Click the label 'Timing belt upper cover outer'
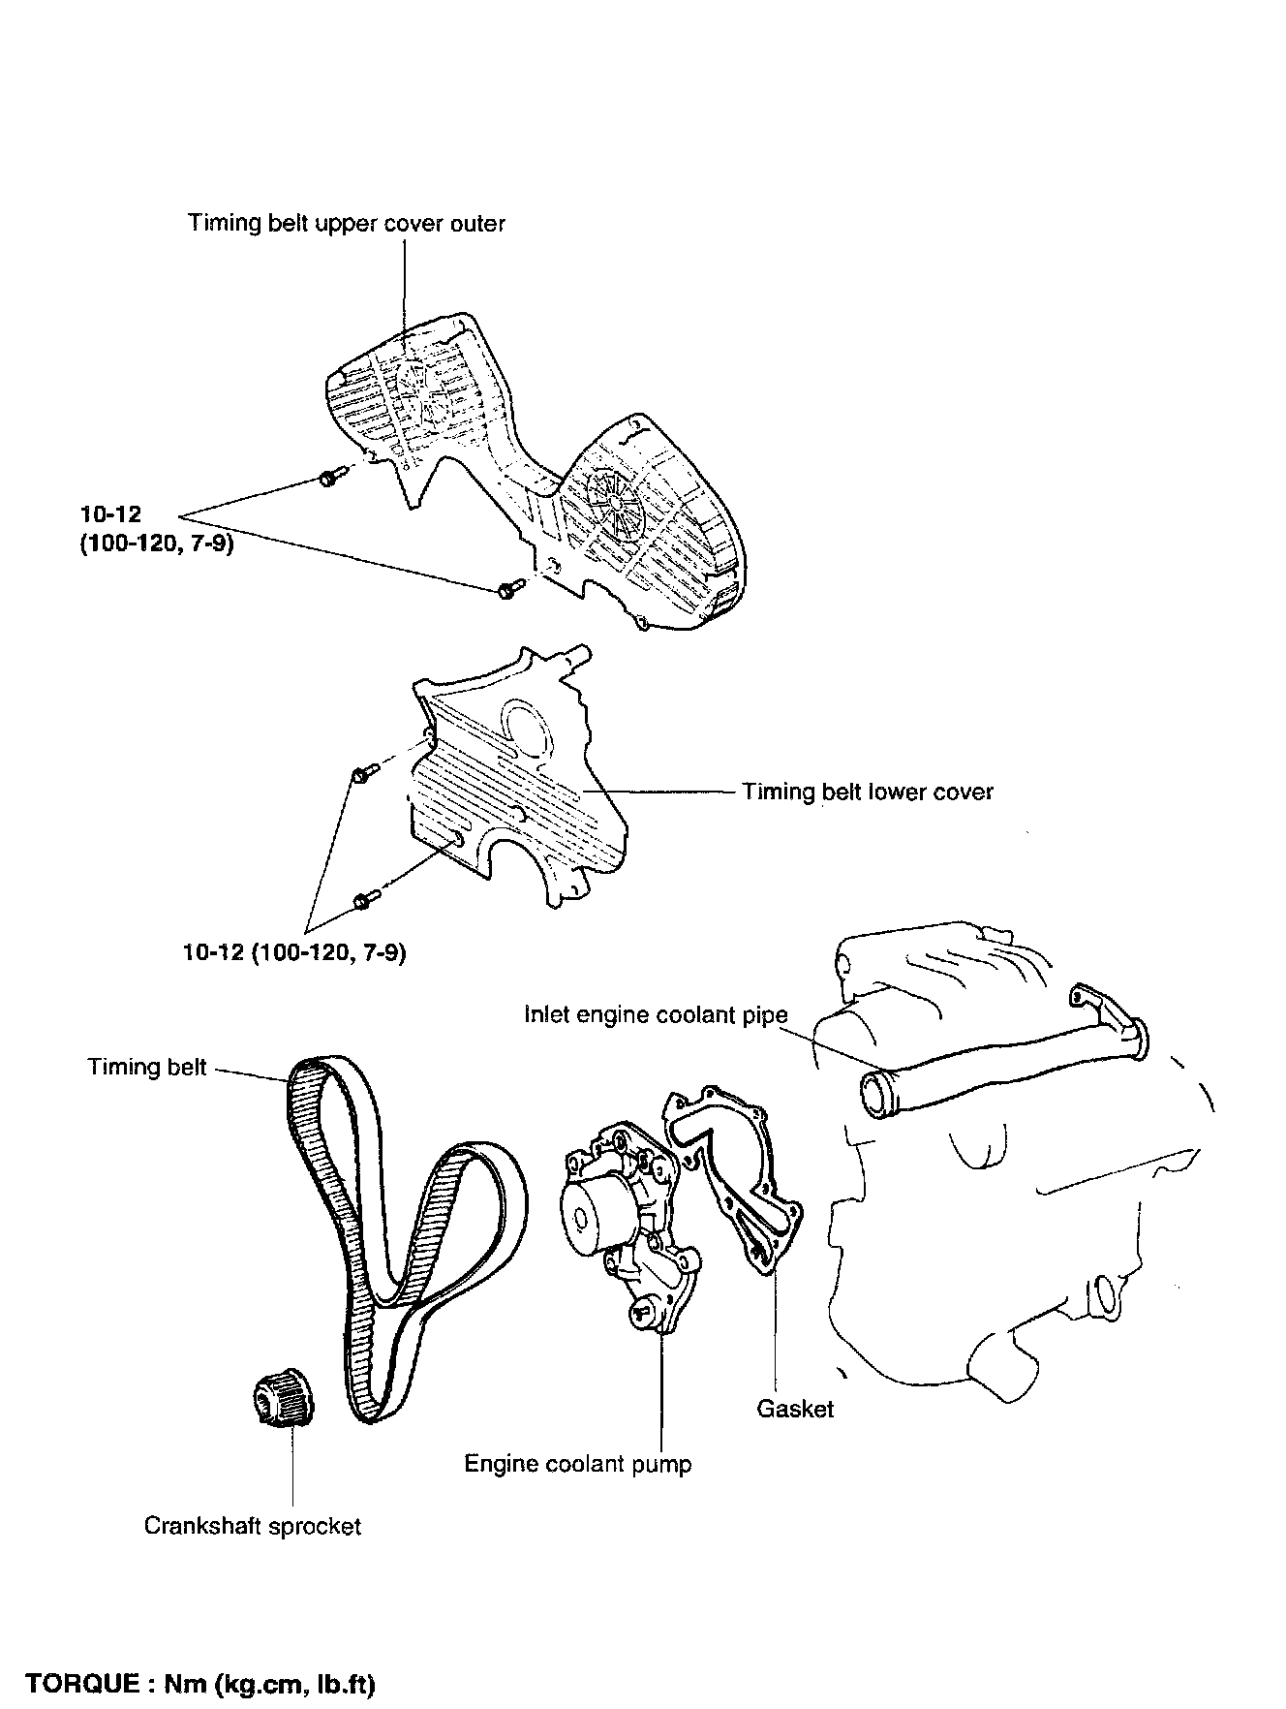pos(346,224)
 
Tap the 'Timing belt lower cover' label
pos(867,792)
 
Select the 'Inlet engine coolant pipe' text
pos(656,1014)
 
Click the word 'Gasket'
pos(795,1409)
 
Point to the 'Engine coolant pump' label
pos(578,1463)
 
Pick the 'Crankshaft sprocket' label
pos(252,1526)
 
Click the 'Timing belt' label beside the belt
pos(147,1067)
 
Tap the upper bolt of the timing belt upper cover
pos(326,477)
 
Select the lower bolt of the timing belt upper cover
pos(508,588)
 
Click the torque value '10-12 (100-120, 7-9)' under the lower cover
pos(294,952)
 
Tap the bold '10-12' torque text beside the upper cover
pos(110,514)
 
